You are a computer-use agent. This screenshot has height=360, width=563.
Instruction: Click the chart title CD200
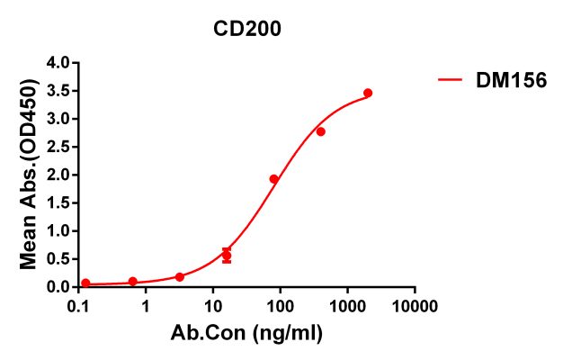[x=247, y=29]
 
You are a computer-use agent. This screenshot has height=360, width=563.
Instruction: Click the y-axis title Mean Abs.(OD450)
[x=30, y=175]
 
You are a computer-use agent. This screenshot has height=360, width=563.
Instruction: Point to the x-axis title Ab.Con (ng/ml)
[x=246, y=333]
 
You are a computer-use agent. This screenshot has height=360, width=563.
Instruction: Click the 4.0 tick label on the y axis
[x=58, y=62]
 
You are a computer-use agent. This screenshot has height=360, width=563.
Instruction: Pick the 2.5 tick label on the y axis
[x=58, y=147]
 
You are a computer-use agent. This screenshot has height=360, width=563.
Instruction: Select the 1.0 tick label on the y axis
[x=58, y=230]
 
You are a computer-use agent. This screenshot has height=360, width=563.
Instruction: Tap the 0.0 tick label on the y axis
[x=58, y=287]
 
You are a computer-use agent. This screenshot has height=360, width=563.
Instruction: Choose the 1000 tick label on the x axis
[x=347, y=305]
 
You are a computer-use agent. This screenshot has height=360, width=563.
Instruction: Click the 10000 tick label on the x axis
[x=415, y=305]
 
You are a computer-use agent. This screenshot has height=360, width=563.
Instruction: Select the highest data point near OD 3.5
[x=368, y=93]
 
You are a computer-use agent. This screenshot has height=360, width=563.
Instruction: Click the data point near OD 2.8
[x=320, y=131]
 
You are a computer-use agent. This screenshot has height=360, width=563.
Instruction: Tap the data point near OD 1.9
[x=273, y=179]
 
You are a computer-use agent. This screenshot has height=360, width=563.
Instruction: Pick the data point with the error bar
[x=227, y=256]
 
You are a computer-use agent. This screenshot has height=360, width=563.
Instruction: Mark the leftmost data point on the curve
[x=85, y=283]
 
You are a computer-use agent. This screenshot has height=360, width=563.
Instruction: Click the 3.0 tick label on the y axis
[x=58, y=118]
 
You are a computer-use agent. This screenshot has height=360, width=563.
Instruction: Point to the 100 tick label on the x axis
[x=280, y=305]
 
